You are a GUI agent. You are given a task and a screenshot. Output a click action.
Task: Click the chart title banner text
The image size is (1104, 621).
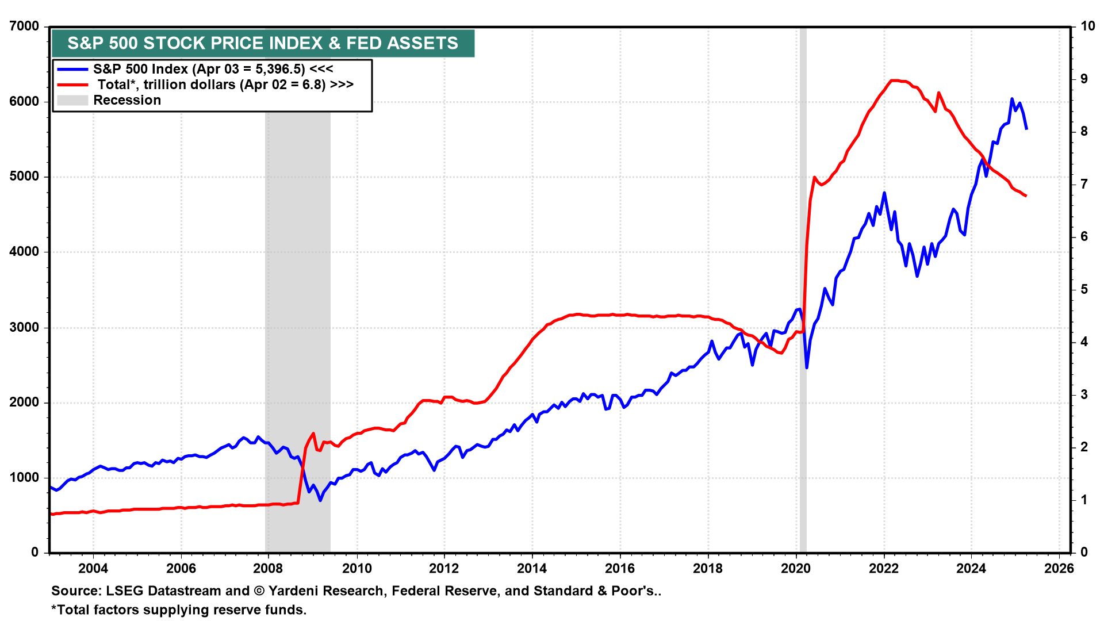[x=263, y=43]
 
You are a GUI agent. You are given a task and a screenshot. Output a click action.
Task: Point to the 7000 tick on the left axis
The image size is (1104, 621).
[x=24, y=26]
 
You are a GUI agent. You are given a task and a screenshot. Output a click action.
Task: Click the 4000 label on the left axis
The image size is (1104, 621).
[x=24, y=252]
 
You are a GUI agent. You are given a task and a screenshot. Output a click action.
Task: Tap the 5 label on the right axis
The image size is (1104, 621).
[x=1084, y=289]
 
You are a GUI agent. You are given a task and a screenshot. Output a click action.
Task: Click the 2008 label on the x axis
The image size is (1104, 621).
[x=268, y=569]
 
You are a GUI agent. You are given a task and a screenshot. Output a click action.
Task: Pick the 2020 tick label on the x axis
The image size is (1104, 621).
[x=796, y=569]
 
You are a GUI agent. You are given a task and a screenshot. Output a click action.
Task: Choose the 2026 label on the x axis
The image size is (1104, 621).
[x=1059, y=569]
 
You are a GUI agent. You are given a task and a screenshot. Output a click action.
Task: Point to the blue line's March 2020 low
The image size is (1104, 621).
[x=807, y=367]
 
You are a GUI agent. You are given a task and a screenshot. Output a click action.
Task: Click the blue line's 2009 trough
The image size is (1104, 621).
[x=320, y=500]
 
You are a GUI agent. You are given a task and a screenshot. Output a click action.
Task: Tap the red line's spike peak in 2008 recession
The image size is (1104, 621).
[x=313, y=434]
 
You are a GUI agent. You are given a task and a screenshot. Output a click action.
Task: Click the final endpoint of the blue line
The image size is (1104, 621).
[x=1027, y=129]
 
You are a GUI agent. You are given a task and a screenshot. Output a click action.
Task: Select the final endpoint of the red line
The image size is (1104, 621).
[x=1026, y=197]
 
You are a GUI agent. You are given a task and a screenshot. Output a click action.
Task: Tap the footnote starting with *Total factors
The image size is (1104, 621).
[x=179, y=609]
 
